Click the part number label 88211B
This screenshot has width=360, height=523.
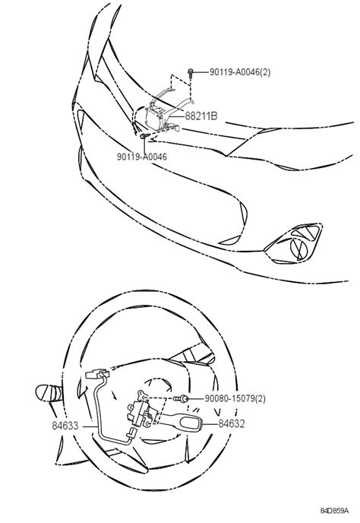(x=201, y=116)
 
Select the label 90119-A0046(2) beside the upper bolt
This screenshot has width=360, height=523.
(x=240, y=71)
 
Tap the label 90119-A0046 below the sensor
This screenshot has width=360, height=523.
(x=142, y=157)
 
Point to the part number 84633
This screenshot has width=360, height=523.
(x=65, y=426)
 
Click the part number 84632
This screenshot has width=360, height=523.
(x=232, y=423)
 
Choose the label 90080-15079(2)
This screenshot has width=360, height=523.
(x=235, y=398)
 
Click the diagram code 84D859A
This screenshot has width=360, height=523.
(x=334, y=510)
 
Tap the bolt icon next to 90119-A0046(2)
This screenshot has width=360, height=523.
(x=191, y=73)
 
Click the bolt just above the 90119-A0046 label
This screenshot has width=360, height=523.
(x=144, y=136)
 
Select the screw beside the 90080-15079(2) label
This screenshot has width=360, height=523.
(x=182, y=398)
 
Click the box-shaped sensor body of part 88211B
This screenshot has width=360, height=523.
(x=154, y=119)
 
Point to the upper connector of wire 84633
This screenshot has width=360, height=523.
(x=97, y=373)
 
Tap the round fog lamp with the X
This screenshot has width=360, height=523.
(x=299, y=249)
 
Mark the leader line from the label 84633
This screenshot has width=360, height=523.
(x=90, y=426)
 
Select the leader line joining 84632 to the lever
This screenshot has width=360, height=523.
(x=210, y=423)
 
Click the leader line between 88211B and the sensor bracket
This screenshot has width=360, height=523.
(x=177, y=116)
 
